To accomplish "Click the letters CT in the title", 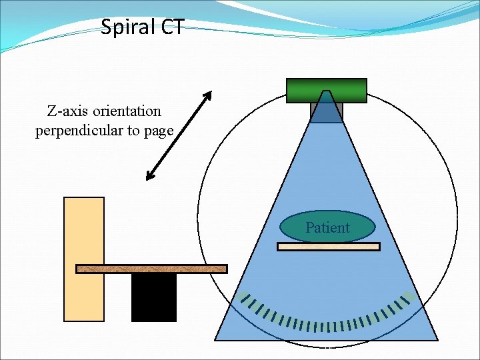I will pyautogui.click(x=170, y=27).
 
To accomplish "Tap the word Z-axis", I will pyautogui.click(x=65, y=110).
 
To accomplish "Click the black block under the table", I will pyautogui.click(x=153, y=297).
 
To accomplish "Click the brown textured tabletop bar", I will pyautogui.click(x=151, y=269).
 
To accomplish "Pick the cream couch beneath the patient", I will pyautogui.click(x=328, y=247).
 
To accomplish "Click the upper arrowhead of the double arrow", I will pyautogui.click(x=207, y=95).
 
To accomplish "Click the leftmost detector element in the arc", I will pyautogui.click(x=245, y=297).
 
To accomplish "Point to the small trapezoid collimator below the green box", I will pyautogui.click(x=327, y=109).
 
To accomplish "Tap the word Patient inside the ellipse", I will pyautogui.click(x=327, y=228).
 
